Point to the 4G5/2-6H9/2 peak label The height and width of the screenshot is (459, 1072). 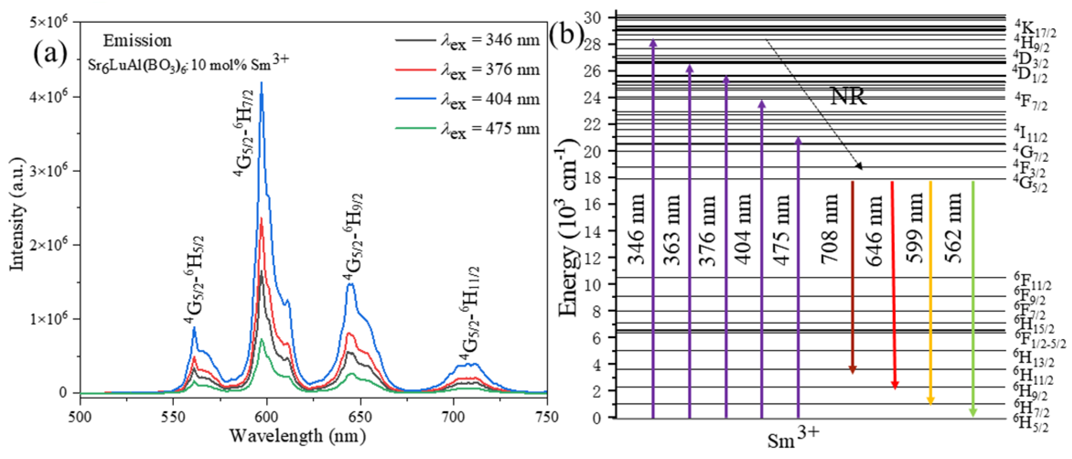353,237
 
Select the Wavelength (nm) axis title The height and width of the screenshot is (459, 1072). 298,436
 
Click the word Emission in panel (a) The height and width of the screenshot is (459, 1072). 137,41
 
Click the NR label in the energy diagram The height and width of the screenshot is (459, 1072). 848,96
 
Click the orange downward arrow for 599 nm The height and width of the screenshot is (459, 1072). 931,291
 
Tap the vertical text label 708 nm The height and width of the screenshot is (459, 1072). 829,229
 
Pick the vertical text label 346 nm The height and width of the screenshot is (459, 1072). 636,229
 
